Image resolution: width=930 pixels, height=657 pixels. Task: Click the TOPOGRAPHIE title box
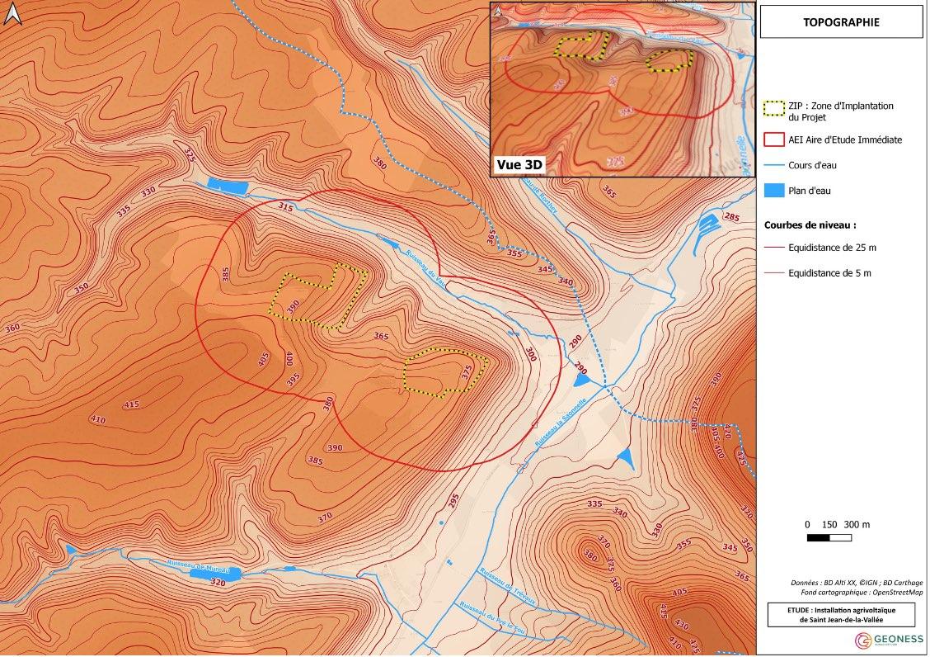841,22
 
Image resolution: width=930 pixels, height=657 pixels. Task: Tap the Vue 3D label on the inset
519,164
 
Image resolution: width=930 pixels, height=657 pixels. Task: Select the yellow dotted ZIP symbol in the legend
774,108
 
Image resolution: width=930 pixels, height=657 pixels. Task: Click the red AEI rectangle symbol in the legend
774,139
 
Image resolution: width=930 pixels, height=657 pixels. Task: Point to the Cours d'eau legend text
812,165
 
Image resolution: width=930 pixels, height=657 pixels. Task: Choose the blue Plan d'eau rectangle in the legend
774,191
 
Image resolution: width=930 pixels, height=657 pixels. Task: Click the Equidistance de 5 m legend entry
828,272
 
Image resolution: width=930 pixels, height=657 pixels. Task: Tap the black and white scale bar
829,538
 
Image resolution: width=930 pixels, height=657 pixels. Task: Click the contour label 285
730,217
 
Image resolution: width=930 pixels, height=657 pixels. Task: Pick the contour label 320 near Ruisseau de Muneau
217,583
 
